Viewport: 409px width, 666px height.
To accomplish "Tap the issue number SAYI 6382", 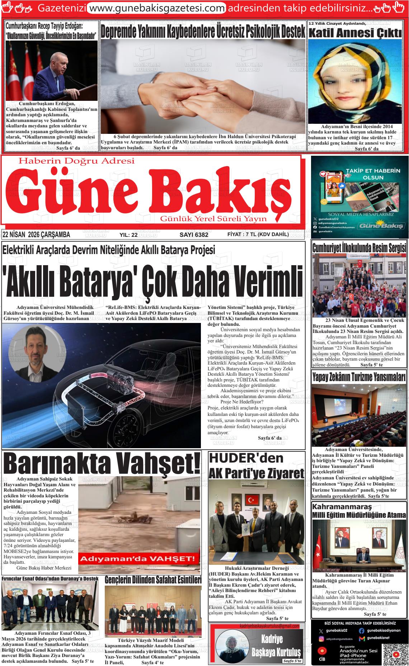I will coord(194,235).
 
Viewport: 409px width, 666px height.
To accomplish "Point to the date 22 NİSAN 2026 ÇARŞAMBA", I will coord(36,235).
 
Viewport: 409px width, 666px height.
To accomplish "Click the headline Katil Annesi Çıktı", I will coord(355,34).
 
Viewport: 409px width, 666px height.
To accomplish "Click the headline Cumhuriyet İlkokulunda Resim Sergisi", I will coord(359,248).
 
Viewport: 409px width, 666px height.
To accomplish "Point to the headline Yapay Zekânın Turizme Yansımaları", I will coord(359,377).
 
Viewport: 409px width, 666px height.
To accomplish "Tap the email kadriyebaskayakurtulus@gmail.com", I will coord(269,626).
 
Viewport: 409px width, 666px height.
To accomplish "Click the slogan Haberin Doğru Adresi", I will coord(76,161).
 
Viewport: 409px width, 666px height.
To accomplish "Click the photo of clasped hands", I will coord(203,86).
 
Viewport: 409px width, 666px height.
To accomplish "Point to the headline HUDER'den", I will coord(246,458).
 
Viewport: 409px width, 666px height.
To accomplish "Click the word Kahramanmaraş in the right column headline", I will coord(342,507).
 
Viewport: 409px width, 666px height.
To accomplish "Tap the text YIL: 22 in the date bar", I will coord(128,235).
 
